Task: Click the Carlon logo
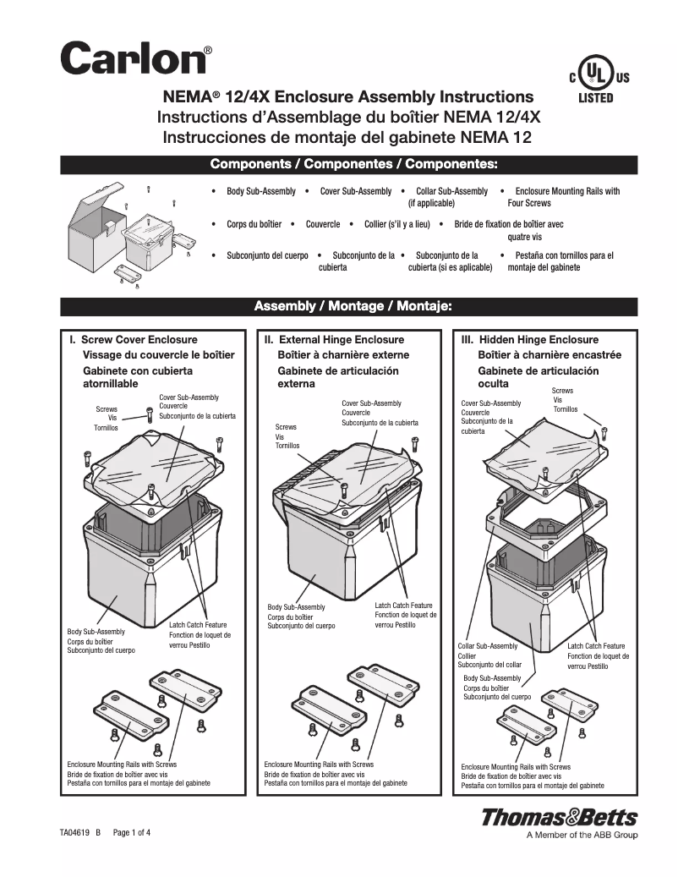[x=134, y=59]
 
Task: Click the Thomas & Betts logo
[x=559, y=818]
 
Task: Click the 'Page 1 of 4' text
[x=132, y=833]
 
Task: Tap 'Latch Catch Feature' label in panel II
[x=403, y=606]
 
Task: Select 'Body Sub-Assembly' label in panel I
[x=96, y=632]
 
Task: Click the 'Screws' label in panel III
[x=562, y=391]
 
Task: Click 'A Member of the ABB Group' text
[x=582, y=836]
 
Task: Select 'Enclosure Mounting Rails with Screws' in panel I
[x=122, y=764]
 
